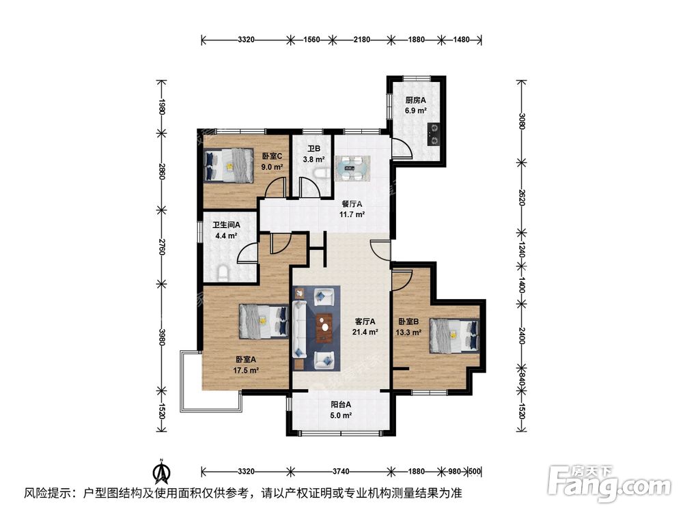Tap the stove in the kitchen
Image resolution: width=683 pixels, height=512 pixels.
pos(434,134)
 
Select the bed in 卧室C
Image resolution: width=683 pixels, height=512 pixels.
pos(228,166)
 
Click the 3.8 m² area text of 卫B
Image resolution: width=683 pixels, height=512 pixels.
pos(314,160)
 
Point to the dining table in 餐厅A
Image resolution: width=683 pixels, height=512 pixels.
pos(353,166)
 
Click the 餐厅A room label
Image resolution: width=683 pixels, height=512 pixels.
pos(351,203)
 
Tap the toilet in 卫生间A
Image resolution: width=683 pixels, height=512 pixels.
pos(223,273)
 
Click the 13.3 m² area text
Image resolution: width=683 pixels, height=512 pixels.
pos(408,333)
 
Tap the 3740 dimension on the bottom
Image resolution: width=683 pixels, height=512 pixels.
pos(340,471)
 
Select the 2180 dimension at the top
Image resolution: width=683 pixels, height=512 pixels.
pos(361,40)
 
